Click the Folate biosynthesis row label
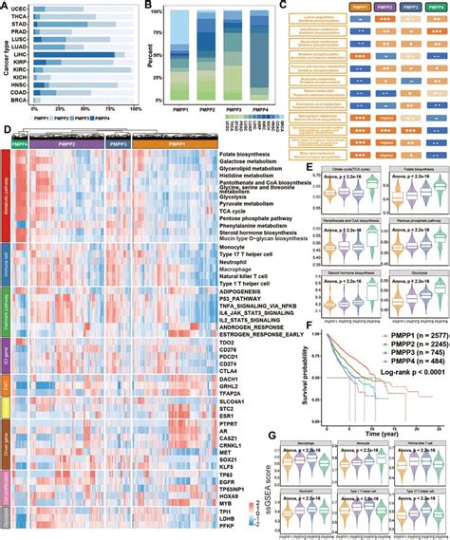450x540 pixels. click(248, 165)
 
